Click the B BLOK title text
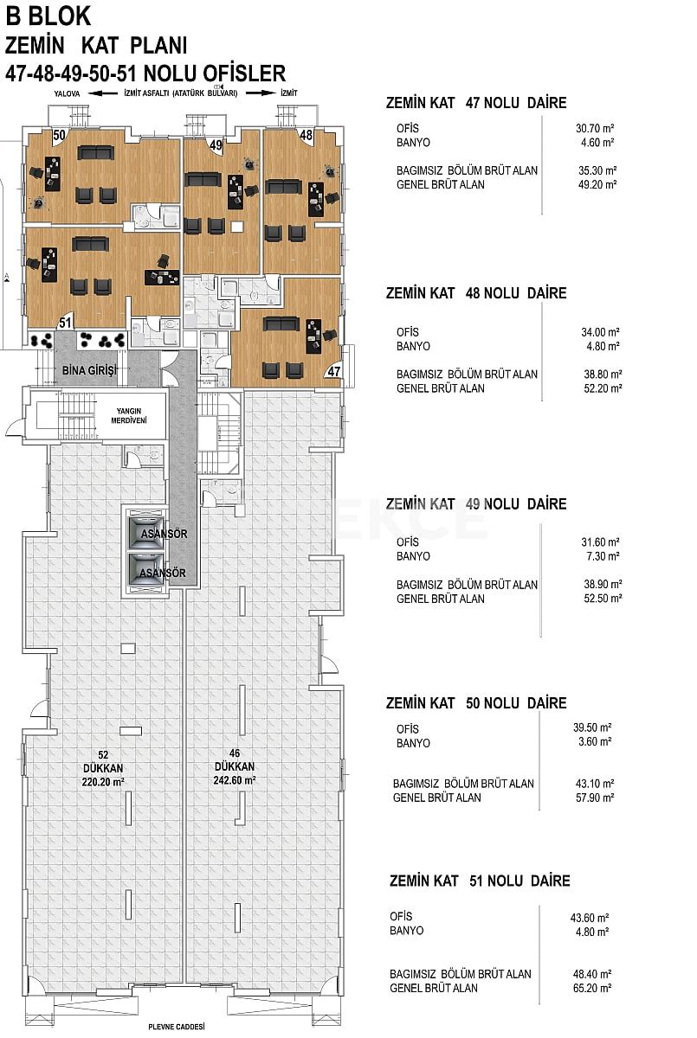(48, 16)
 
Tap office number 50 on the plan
(59, 135)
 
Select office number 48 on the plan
(307, 135)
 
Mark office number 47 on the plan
(333, 371)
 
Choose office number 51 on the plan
(64, 322)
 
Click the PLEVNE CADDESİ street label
(176, 1027)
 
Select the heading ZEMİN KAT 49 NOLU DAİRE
(475, 503)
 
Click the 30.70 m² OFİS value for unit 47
(594, 128)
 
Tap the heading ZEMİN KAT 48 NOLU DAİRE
(475, 293)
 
